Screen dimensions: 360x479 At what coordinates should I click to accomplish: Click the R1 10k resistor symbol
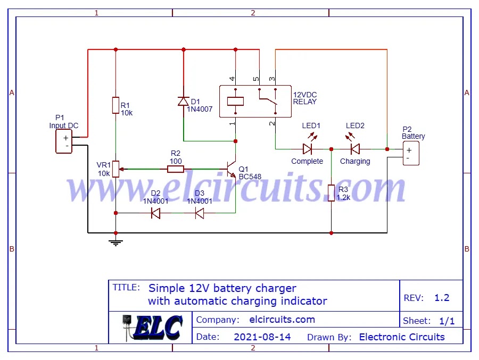tap(115, 105)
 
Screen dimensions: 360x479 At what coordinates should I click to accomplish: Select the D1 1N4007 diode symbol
tap(184, 101)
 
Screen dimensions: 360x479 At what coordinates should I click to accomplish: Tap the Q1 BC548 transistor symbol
tap(232, 169)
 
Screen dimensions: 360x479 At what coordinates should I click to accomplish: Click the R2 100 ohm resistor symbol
tap(176, 169)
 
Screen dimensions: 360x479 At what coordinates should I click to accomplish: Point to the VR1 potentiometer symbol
tap(115, 169)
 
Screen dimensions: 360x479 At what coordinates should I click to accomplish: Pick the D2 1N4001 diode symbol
tap(156, 213)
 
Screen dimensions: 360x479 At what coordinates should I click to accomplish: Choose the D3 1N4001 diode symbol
tap(199, 213)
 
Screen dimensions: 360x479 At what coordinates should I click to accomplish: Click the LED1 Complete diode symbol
tap(308, 149)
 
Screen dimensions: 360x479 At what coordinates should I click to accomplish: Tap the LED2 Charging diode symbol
tap(354, 149)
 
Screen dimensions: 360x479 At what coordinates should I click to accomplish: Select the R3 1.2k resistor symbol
tap(331, 193)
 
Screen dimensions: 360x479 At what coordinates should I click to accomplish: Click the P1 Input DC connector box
tap(64, 142)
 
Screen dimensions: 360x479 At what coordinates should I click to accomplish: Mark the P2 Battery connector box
tap(411, 154)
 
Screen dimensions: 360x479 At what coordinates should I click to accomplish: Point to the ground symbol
tap(115, 242)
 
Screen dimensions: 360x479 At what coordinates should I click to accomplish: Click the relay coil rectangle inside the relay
tap(235, 101)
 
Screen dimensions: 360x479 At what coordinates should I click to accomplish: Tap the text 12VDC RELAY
tap(305, 98)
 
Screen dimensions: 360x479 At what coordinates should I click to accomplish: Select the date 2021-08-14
tap(262, 337)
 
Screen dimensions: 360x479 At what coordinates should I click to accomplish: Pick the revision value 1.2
tap(442, 298)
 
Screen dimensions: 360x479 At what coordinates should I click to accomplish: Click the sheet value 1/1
tap(447, 321)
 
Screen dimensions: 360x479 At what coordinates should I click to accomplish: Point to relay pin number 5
tap(256, 79)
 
